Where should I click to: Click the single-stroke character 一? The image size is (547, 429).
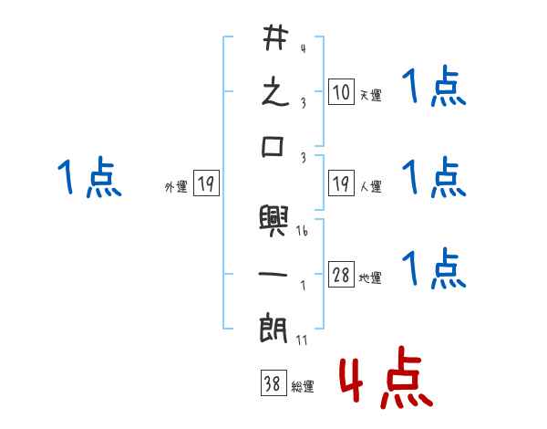[274, 273]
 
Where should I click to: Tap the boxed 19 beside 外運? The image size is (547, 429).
[206, 184]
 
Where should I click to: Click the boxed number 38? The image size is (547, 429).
[272, 384]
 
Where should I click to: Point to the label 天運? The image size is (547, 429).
[370, 95]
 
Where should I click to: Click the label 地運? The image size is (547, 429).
[370, 278]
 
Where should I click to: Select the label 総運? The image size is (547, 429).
[302, 387]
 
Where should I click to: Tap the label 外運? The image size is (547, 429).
[175, 187]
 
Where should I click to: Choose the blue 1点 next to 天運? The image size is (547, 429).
[434, 89]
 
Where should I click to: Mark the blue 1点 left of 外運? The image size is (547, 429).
[88, 177]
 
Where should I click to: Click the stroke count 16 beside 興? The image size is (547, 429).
[302, 232]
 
